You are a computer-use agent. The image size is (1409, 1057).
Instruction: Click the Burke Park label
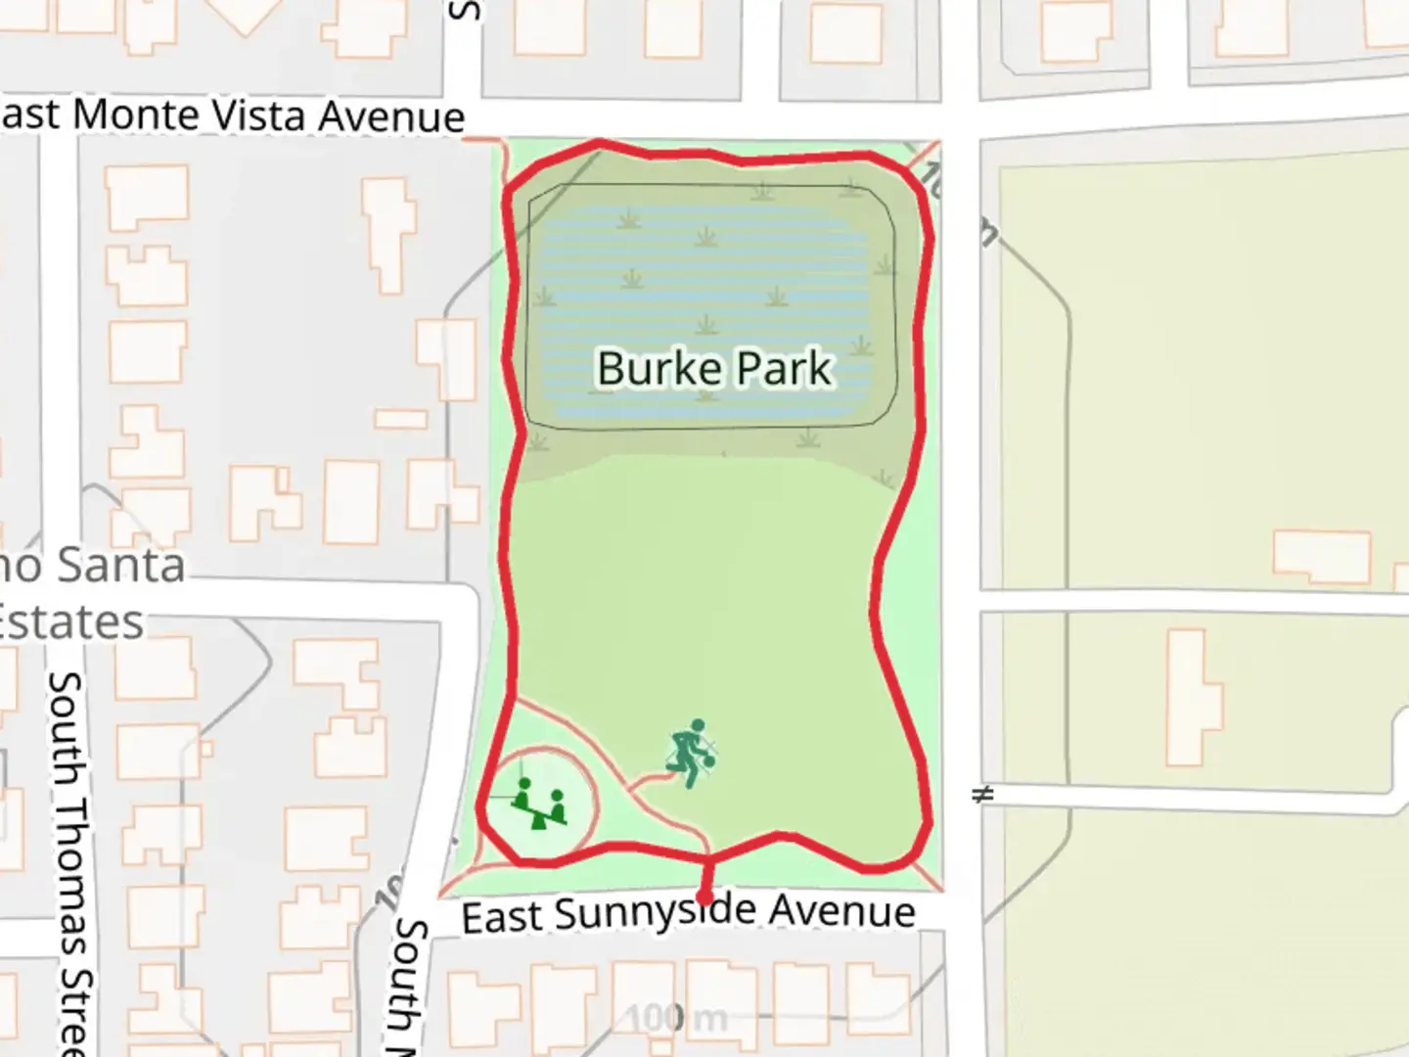(x=714, y=369)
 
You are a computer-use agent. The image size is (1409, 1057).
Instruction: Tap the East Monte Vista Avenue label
(x=232, y=115)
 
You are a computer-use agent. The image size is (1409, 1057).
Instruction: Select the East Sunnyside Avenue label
(x=689, y=913)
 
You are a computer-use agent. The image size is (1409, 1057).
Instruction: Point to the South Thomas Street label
(x=70, y=861)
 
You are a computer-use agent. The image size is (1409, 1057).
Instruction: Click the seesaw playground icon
(x=540, y=803)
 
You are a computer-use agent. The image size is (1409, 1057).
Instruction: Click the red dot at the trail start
(x=704, y=897)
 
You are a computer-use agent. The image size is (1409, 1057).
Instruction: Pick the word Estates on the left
(x=70, y=622)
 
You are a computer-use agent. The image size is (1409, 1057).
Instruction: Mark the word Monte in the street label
(x=136, y=115)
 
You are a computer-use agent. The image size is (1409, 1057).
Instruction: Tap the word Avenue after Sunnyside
(x=841, y=911)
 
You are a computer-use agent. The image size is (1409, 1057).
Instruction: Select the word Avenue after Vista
(x=391, y=117)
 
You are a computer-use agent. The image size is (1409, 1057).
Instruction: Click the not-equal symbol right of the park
(x=982, y=794)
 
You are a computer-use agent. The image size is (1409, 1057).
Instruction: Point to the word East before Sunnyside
(x=502, y=918)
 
